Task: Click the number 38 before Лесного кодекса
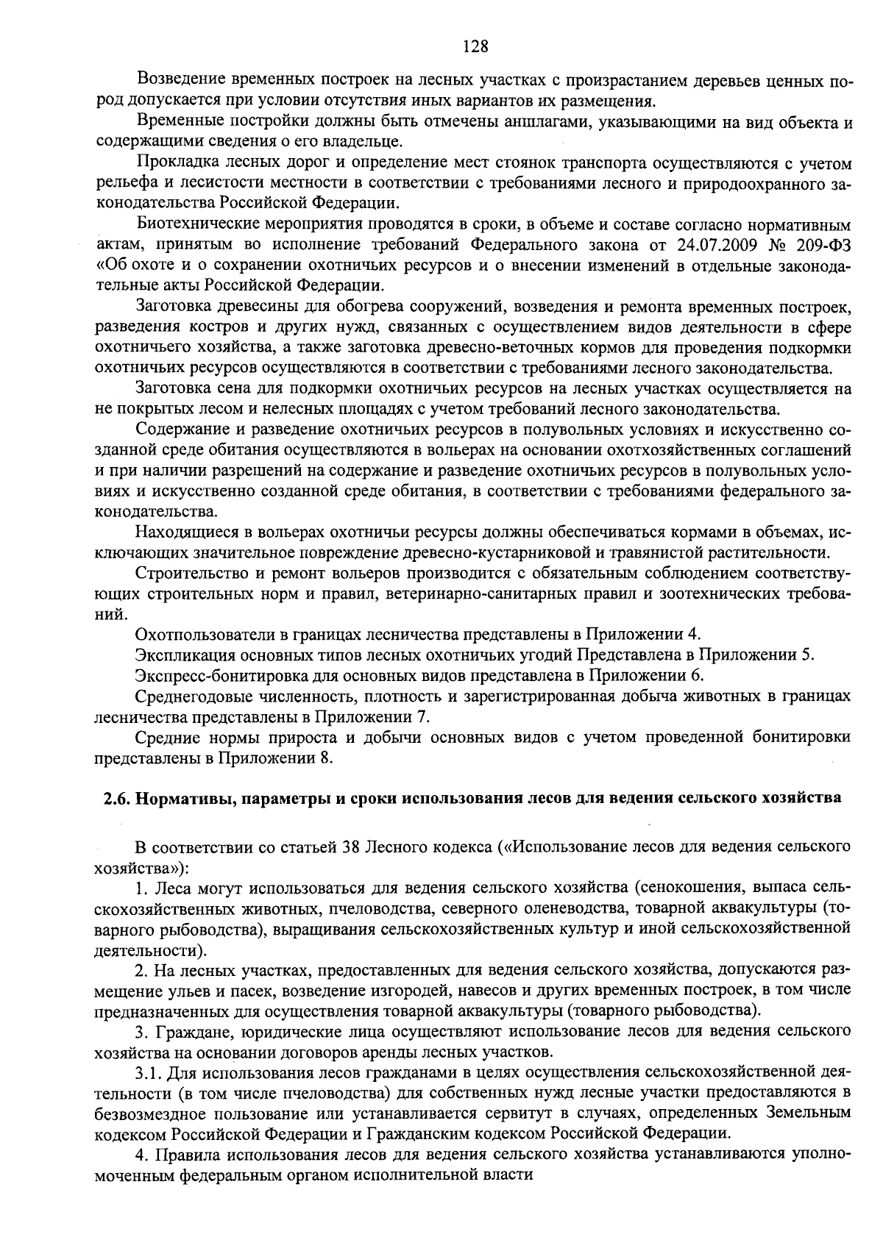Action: [x=352, y=847]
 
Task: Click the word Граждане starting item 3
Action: [x=185, y=1030]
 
